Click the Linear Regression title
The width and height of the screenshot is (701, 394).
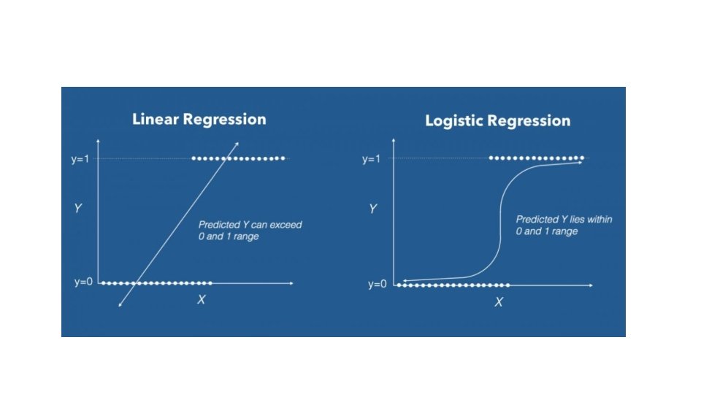pyautogui.click(x=199, y=119)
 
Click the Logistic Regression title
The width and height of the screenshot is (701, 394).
pyautogui.click(x=497, y=121)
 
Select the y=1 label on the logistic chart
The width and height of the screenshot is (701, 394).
pyautogui.click(x=372, y=160)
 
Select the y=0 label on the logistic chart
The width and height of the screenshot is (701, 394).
pyautogui.click(x=377, y=284)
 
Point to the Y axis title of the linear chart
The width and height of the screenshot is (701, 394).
pyautogui.click(x=77, y=209)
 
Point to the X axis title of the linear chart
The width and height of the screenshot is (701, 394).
pyautogui.click(x=201, y=299)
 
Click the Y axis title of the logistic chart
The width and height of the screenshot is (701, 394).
pyautogui.click(x=372, y=209)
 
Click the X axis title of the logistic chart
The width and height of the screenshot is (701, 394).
pyautogui.click(x=499, y=301)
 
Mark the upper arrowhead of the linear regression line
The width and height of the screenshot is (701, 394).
pyautogui.click(x=237, y=142)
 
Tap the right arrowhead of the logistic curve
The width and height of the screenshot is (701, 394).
pyautogui.click(x=582, y=162)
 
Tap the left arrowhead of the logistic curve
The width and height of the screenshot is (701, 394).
pyautogui.click(x=405, y=280)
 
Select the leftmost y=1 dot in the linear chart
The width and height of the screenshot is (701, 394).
pyautogui.click(x=194, y=158)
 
